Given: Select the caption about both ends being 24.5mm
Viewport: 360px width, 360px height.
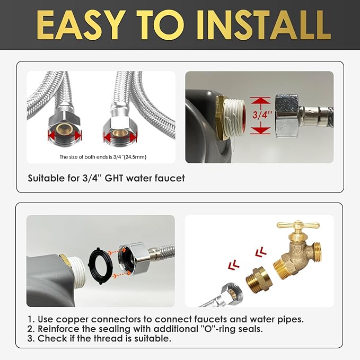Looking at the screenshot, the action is point(103,157).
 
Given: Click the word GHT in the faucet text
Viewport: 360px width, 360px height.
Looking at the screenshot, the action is point(113,178).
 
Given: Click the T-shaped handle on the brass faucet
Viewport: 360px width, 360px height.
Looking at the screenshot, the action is point(298,225).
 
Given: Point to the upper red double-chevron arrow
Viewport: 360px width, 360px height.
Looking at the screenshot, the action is point(260,252).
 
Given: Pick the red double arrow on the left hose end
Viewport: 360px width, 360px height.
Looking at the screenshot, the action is point(65,135).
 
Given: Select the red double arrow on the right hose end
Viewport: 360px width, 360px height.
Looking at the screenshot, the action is point(120,137).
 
